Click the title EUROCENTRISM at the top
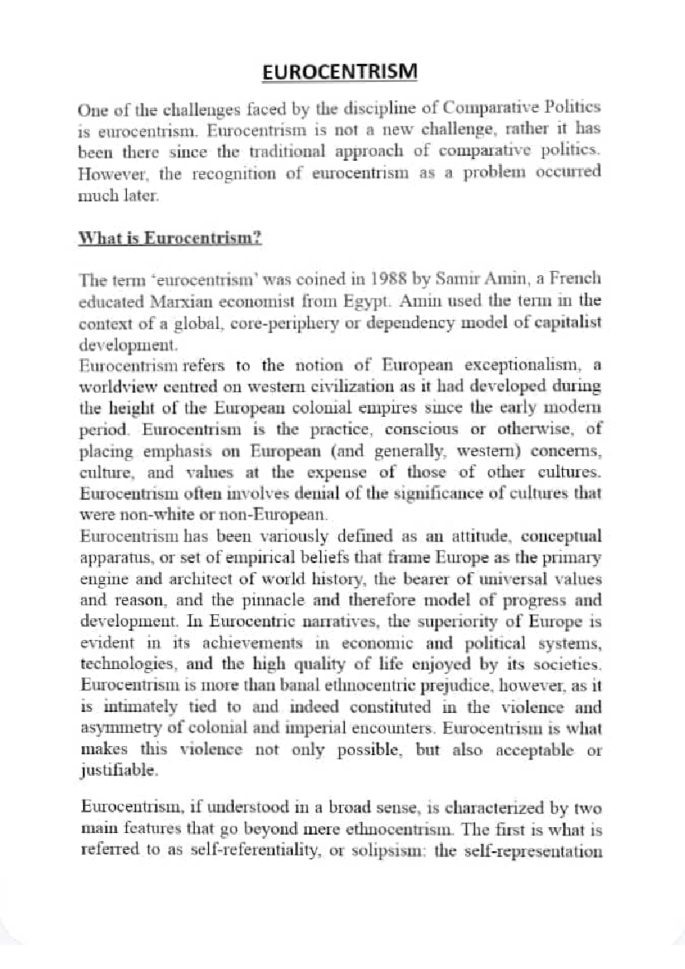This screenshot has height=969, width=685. pyautogui.click(x=340, y=72)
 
